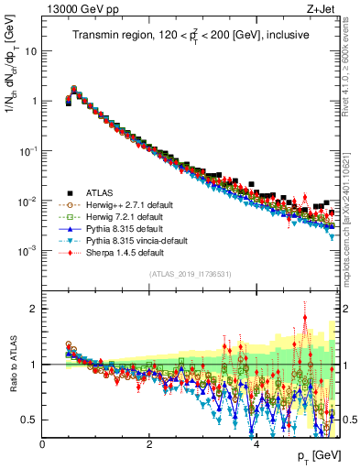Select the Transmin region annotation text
tap(191, 36)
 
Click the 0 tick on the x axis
tap(43, 444)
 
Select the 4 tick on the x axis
tap(256, 444)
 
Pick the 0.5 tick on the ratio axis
tap(29, 420)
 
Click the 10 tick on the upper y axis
tap(30, 51)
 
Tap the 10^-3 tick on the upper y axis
tap(27, 250)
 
